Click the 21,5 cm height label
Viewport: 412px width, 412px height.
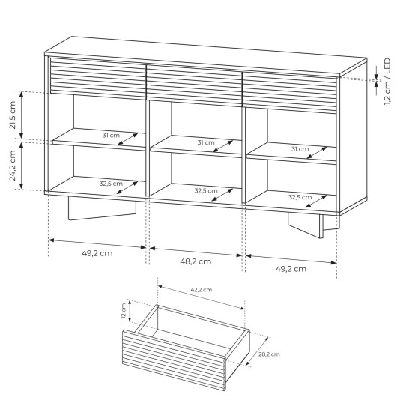[x=13, y=115]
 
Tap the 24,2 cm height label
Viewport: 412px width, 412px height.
[x=13, y=166]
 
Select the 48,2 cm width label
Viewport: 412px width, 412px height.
[x=196, y=261]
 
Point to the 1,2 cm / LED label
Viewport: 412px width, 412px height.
[x=387, y=82]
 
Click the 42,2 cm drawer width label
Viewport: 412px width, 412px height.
[x=202, y=290]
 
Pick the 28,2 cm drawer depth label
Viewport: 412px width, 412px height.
[x=269, y=354]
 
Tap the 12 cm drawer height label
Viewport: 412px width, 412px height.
[x=124, y=311]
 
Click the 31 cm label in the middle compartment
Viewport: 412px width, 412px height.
[x=206, y=142]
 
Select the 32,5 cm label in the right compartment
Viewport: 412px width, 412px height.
[x=300, y=197]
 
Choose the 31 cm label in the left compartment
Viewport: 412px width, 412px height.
[x=111, y=136]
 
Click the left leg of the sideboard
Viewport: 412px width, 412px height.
[x=102, y=208]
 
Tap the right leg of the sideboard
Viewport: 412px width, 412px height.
[x=312, y=224]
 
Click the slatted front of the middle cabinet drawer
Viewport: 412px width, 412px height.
[x=194, y=85]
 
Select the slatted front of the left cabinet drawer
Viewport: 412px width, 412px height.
[x=97, y=79]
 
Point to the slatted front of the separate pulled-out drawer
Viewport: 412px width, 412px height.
[x=174, y=360]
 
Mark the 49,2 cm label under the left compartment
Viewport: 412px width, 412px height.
[x=97, y=253]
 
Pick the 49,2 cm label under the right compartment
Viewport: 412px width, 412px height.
[x=291, y=269]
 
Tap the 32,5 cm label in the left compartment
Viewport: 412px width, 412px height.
[x=111, y=184]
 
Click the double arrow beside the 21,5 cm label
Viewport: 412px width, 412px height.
[x=22, y=115]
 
